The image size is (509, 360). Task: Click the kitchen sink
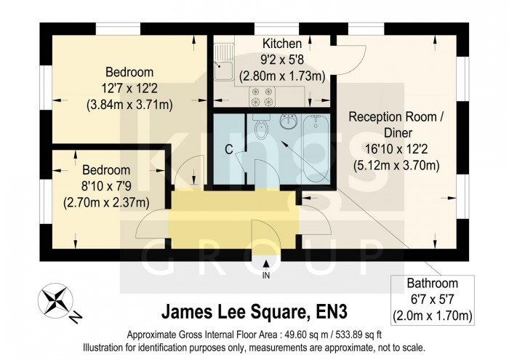pos(223,71)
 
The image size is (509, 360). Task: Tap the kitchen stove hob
pos(262,92)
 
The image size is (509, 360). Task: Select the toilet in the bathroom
pos(261,130)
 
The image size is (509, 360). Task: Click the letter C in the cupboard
pos(228,151)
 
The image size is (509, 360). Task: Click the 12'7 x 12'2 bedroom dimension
pos(129,88)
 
